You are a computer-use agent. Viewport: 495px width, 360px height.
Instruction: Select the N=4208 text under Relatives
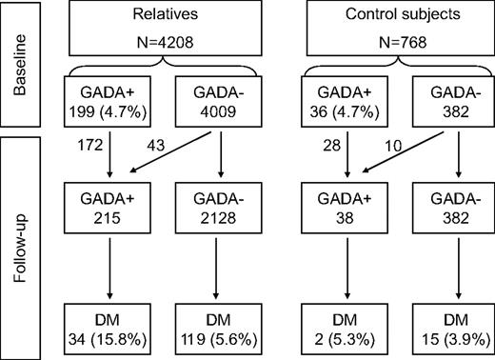pos(157,44)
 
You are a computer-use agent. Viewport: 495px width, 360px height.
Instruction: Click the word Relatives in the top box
pos(157,17)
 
